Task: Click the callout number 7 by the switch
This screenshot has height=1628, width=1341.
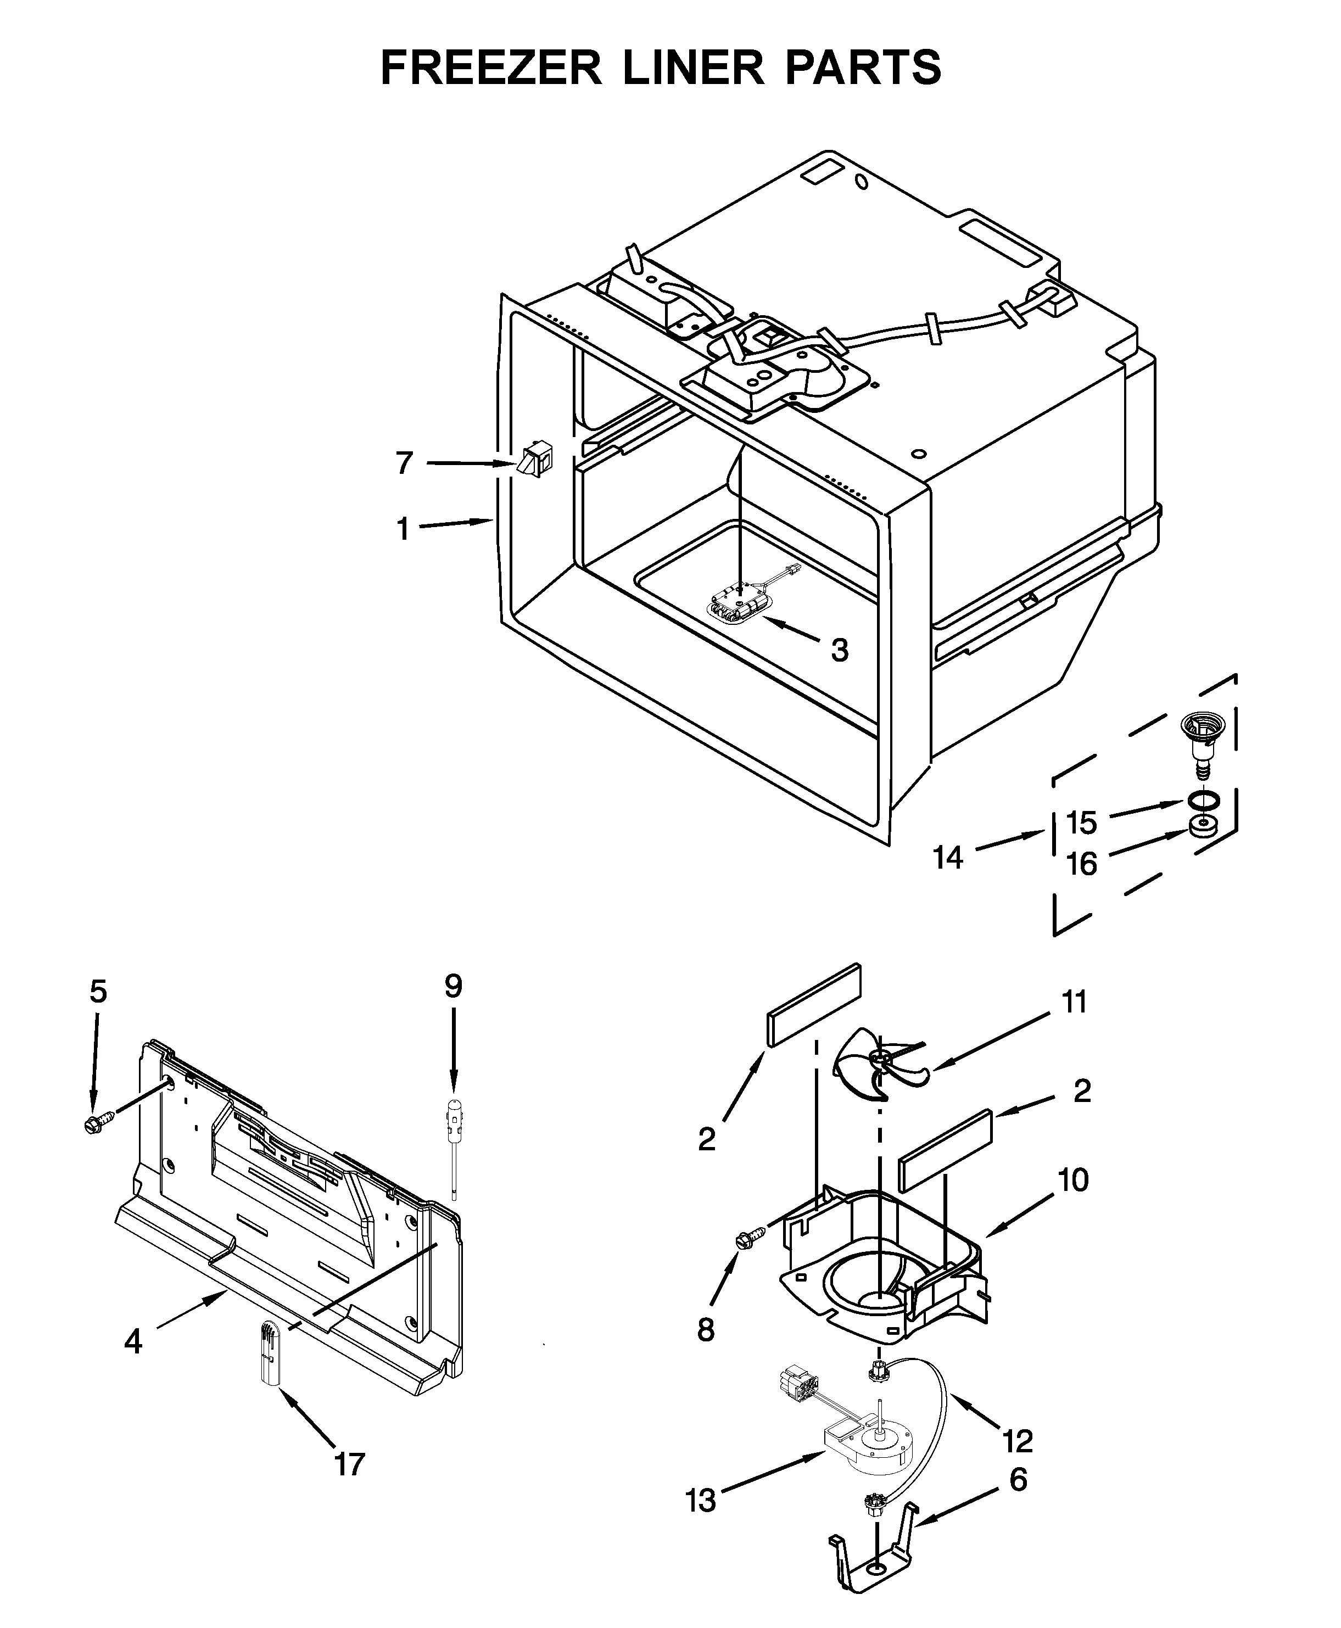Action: pos(405,463)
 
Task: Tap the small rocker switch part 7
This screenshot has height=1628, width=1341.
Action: pos(534,462)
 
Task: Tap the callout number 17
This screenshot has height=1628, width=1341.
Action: pos(349,1464)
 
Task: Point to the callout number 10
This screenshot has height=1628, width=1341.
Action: pos(1073,1180)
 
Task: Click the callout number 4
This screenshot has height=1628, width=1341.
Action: pos(133,1342)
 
